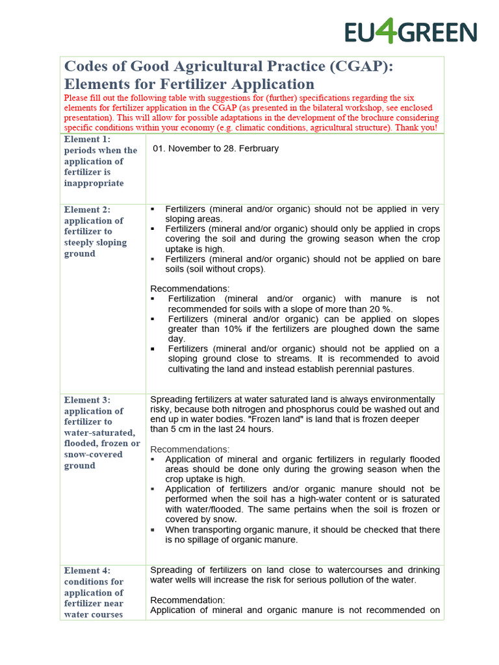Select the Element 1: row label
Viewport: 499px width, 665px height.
point(87,139)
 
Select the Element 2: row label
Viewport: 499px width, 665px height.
point(87,210)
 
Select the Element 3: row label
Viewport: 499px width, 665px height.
point(87,400)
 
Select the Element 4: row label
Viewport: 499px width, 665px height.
point(87,571)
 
